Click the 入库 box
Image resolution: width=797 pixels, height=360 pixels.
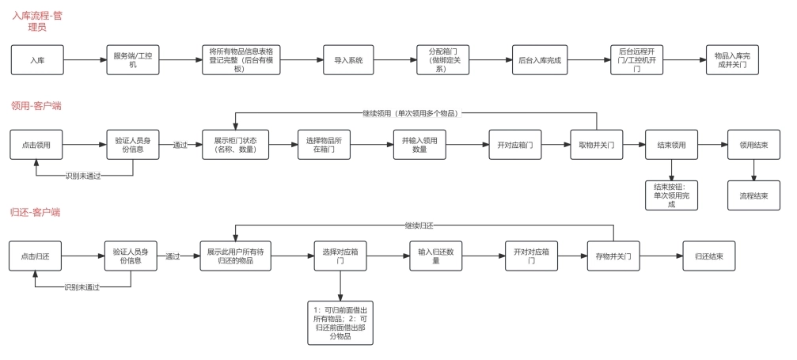coord(37,60)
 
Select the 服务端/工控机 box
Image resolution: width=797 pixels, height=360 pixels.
coord(132,60)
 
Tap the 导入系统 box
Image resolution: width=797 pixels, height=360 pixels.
coord(349,60)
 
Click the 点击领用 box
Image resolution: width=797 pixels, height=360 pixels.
coord(36,146)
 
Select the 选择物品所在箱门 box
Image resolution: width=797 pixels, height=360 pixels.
coord(323,146)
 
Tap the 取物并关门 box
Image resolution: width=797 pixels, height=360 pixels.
coord(596,146)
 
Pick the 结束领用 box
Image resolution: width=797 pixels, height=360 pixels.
coord(671,146)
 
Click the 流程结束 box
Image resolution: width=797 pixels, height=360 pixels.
coord(753,195)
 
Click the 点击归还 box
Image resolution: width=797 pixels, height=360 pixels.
coord(36,256)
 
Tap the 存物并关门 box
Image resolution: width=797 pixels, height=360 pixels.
coord(613,256)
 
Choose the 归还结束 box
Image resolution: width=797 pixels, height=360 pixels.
coord(709,256)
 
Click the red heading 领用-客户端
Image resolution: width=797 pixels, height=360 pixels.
coord(36,105)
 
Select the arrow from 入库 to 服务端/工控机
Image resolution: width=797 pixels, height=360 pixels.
coord(84,60)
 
